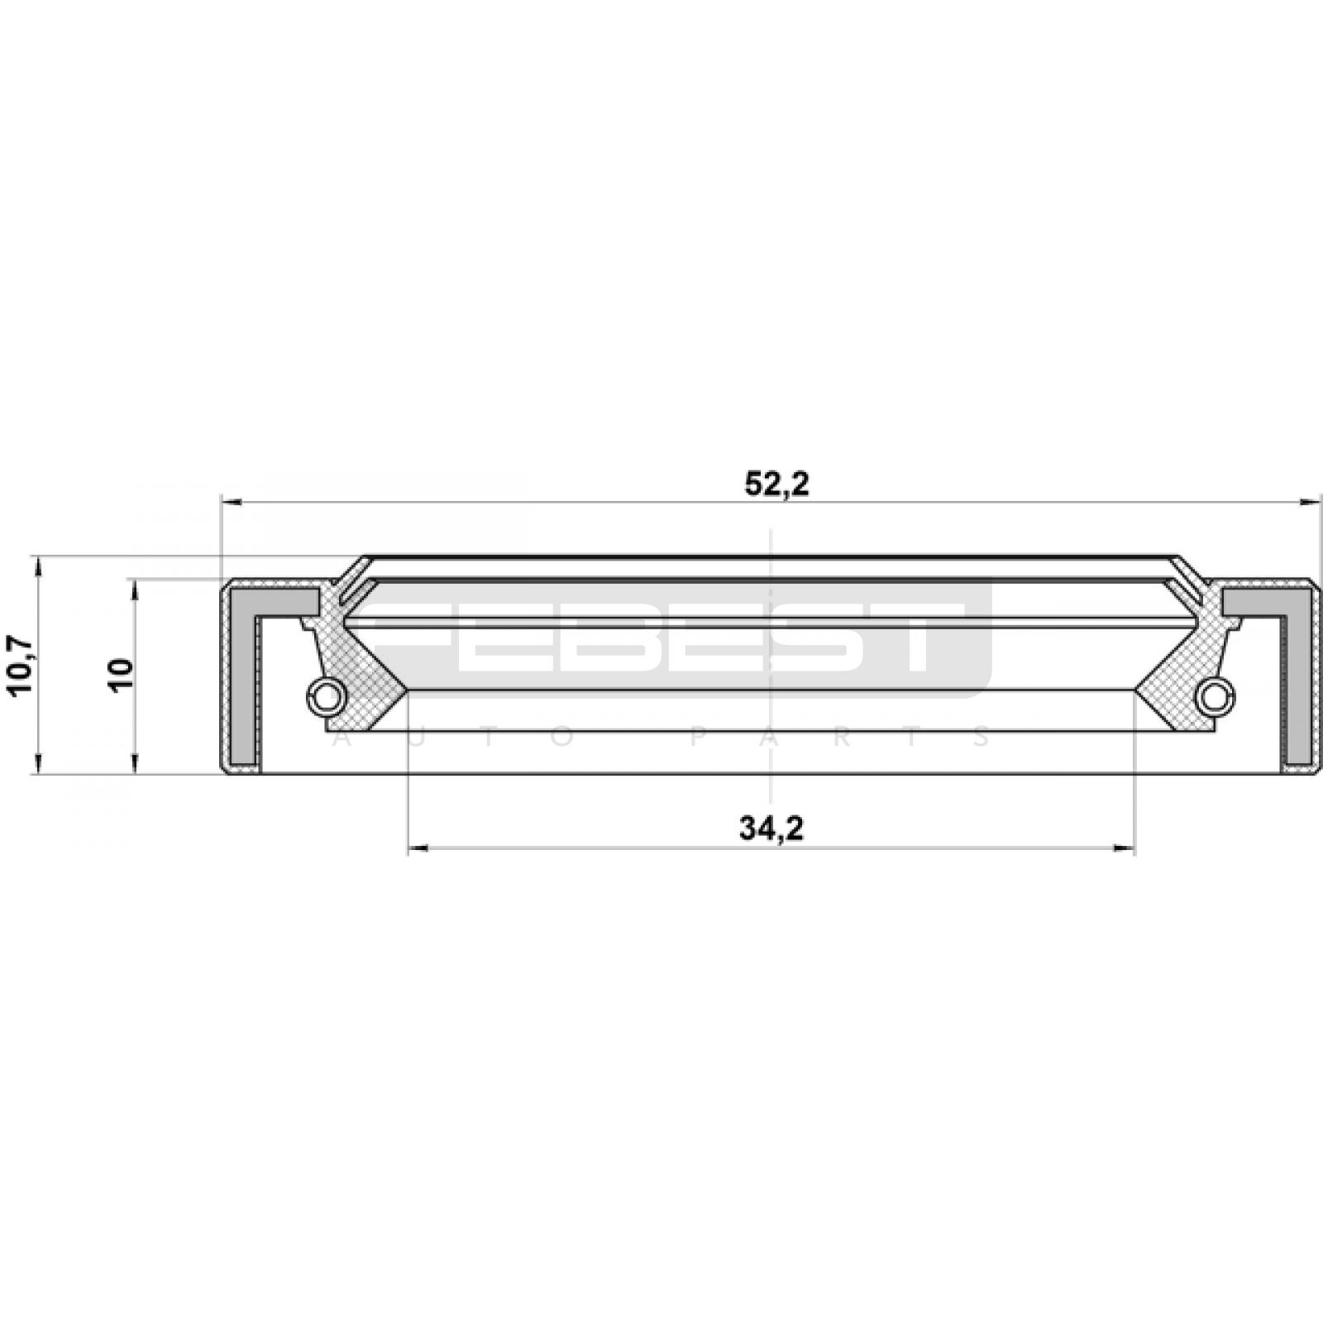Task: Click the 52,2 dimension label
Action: tap(776, 485)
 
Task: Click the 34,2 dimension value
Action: tap(771, 828)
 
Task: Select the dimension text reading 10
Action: tap(121, 675)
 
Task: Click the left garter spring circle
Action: tap(327, 696)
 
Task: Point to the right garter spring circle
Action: tap(1214, 696)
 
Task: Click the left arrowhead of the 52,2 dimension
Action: tap(232, 501)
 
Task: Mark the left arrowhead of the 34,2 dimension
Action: tap(418, 848)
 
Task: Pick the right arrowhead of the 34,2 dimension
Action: tap(1125, 848)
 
